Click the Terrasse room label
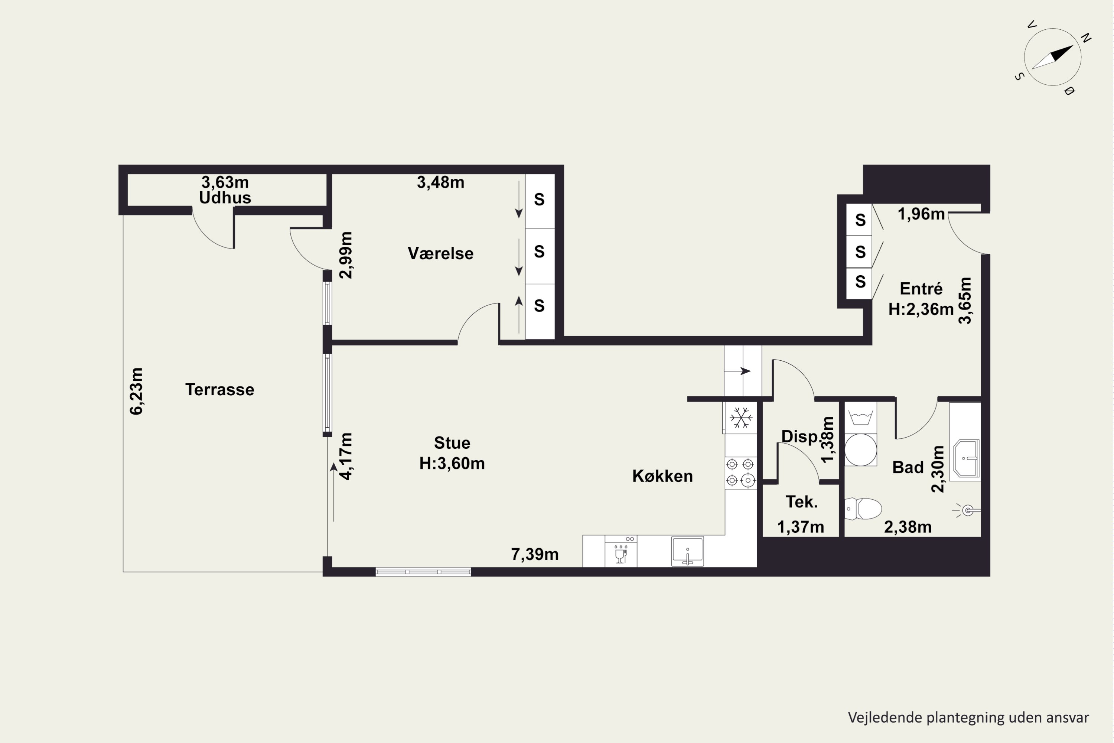(x=220, y=389)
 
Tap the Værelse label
(x=440, y=253)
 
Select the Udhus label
(x=225, y=198)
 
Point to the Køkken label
(x=662, y=476)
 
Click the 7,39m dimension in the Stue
(x=535, y=554)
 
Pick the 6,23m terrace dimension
(x=136, y=392)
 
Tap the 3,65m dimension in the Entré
(x=965, y=301)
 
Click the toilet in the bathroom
(x=863, y=509)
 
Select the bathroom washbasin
(x=966, y=458)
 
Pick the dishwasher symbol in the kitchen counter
(x=620, y=551)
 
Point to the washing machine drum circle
(x=861, y=450)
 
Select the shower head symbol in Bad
(x=967, y=510)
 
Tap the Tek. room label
(x=801, y=502)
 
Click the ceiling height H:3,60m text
(x=452, y=463)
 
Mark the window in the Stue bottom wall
(x=423, y=572)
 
